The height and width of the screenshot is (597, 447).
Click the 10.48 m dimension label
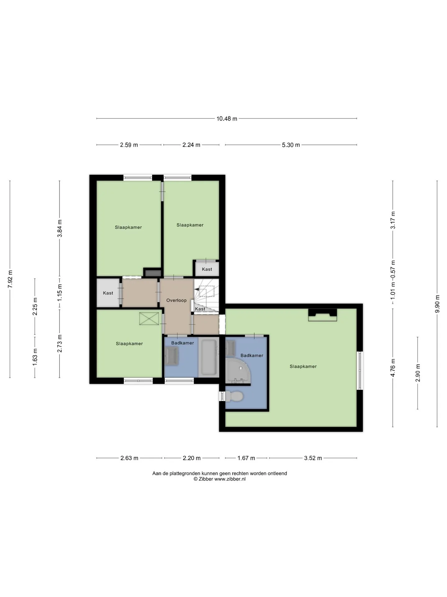click(x=227, y=118)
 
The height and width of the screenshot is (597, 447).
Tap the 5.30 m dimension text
click(x=291, y=145)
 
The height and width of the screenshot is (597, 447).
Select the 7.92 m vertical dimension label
click(x=10, y=279)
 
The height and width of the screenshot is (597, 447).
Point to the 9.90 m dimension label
click(x=437, y=304)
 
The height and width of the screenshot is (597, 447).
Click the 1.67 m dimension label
click(x=246, y=458)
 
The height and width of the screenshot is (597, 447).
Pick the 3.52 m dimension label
click(x=313, y=458)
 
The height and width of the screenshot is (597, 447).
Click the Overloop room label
click(x=176, y=300)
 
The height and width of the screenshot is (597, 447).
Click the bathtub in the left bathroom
click(x=209, y=357)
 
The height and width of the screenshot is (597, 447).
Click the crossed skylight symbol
click(x=149, y=319)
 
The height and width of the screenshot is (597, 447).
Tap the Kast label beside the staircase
click(x=200, y=309)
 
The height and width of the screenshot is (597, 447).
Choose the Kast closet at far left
click(x=108, y=293)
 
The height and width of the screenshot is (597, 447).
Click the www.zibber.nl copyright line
click(x=219, y=479)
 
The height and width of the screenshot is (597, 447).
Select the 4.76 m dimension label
click(x=393, y=368)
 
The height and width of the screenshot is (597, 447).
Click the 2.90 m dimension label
click(x=418, y=373)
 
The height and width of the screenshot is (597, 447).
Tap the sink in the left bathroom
click(x=172, y=356)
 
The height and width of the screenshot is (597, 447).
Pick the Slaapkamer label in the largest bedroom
click(x=303, y=367)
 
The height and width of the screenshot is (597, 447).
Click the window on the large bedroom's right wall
click(x=360, y=370)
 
